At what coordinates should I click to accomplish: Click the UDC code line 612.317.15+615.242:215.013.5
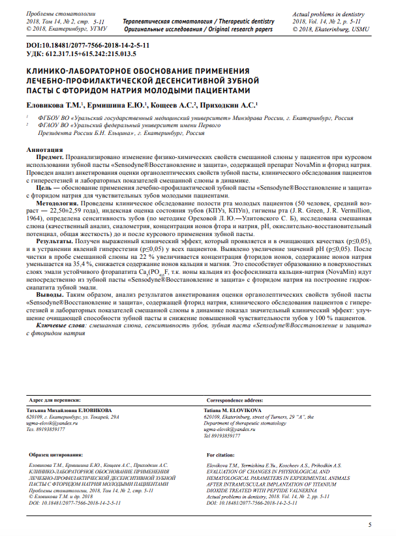click(80, 53)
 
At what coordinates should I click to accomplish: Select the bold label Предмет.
click(50, 158)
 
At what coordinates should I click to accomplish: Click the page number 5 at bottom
click(371, 526)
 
